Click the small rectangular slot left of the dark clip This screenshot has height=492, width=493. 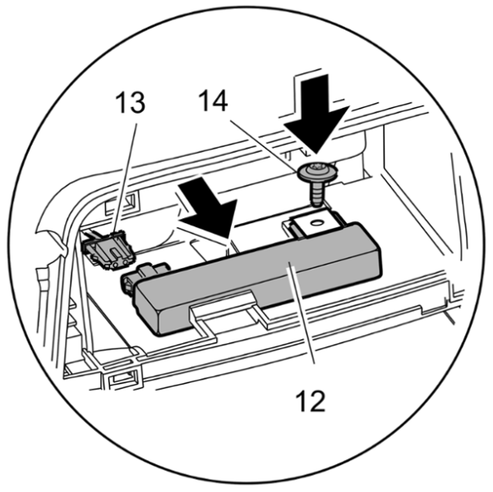point(113,201)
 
